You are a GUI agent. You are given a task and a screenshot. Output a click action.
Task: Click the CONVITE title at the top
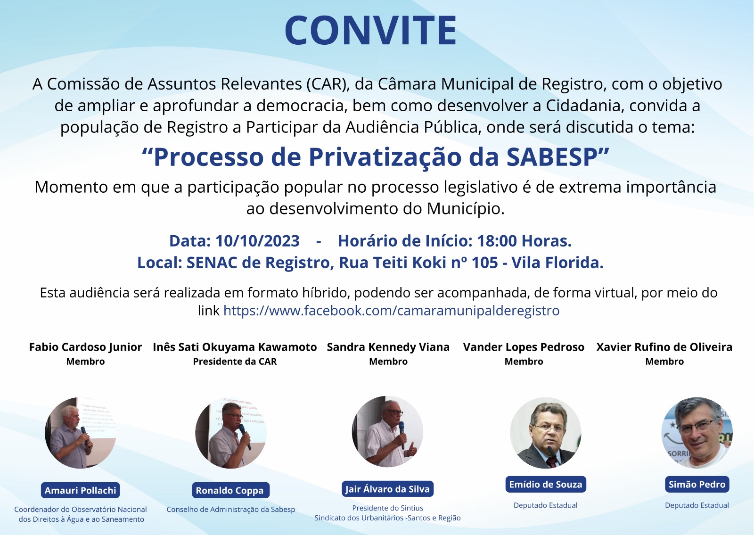(x=370, y=30)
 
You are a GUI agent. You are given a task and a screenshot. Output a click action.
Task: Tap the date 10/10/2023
(x=257, y=241)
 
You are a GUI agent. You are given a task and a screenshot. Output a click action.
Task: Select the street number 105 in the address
(x=485, y=263)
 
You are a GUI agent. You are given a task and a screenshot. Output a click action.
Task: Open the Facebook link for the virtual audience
(x=391, y=311)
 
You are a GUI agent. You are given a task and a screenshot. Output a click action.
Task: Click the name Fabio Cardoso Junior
(x=85, y=347)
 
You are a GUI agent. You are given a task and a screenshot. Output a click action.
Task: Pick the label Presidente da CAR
(x=235, y=362)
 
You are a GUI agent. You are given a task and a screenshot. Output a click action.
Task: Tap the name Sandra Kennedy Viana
(x=388, y=347)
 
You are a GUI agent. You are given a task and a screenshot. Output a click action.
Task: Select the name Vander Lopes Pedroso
(x=524, y=347)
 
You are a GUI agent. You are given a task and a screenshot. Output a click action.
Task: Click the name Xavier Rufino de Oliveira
(x=664, y=347)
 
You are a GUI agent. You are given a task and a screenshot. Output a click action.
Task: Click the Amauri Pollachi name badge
(x=81, y=490)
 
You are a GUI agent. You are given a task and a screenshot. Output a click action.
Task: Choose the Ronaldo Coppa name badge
(x=230, y=490)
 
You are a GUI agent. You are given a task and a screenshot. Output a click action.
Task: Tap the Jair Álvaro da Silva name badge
(x=387, y=489)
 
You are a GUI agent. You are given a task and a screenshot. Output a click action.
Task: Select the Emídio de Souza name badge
(x=546, y=484)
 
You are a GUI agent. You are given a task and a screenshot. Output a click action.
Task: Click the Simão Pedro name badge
(x=697, y=484)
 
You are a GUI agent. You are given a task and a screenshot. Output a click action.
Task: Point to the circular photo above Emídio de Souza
(x=546, y=433)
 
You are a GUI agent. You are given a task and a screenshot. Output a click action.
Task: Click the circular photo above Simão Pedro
(x=697, y=433)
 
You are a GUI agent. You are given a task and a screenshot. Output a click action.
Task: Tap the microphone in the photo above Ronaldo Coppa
(x=245, y=436)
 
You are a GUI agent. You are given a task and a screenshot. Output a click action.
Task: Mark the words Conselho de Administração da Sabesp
(x=231, y=510)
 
